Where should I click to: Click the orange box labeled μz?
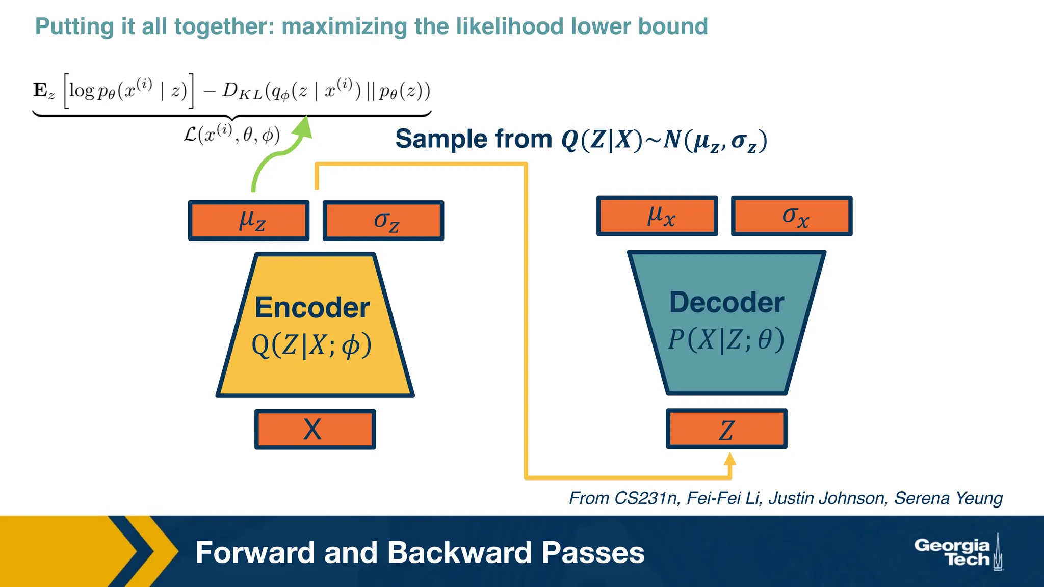pyautogui.click(x=249, y=220)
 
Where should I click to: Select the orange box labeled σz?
pyautogui.click(x=383, y=220)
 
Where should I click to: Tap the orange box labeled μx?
pyautogui.click(x=657, y=216)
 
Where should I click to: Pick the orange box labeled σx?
pyautogui.click(x=792, y=216)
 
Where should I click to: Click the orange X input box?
pyautogui.click(x=315, y=429)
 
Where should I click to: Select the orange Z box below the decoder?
pyautogui.click(x=726, y=429)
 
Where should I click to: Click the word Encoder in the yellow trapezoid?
pyautogui.click(x=312, y=308)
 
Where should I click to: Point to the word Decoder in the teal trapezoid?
pyautogui.click(x=726, y=303)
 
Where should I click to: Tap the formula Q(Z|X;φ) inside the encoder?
pyautogui.click(x=311, y=345)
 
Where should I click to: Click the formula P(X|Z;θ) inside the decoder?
pyautogui.click(x=726, y=340)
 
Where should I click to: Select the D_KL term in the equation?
pyautogui.click(x=242, y=91)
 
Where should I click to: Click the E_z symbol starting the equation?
pyautogui.click(x=43, y=91)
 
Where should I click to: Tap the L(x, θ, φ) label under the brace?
pyautogui.click(x=231, y=135)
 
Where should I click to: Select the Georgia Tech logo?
pyautogui.click(x=957, y=552)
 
